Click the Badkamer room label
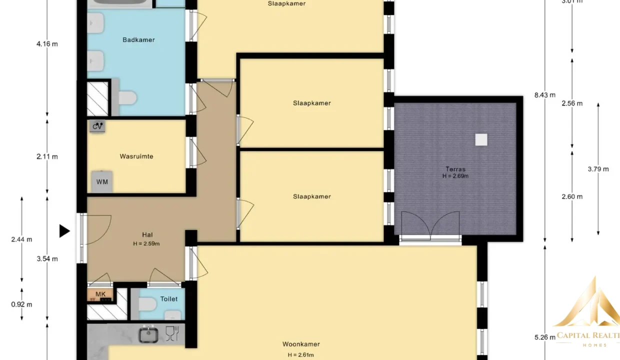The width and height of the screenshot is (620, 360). coord(138,40)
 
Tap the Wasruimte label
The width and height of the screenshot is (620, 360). coord(136,156)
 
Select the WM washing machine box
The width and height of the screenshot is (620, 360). coord(102,182)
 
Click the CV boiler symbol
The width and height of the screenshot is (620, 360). coord(97,126)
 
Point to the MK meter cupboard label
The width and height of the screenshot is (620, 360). coord(100,294)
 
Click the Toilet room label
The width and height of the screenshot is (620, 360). coord(169,299)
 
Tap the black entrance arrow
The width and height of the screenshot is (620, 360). coord(64,231)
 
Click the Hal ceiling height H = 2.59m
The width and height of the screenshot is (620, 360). coord(146,244)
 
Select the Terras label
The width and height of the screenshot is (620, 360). coord(455,169)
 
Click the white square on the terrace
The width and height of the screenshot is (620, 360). coord(481,139)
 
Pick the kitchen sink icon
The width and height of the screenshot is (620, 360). coord(148,334)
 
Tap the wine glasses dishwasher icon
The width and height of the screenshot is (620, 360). coord(172,333)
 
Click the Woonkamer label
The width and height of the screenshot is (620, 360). coord(301,344)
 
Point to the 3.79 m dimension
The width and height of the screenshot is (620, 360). coord(598,169)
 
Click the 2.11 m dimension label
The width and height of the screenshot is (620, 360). coord(47,156)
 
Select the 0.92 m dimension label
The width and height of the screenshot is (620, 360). coord(21,304)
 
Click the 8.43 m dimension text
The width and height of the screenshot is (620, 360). coord(544,95)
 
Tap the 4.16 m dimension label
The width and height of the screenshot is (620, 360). coord(47,44)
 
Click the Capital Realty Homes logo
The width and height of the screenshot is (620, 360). coord(587,312)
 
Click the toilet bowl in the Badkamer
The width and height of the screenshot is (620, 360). coord(127,98)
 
